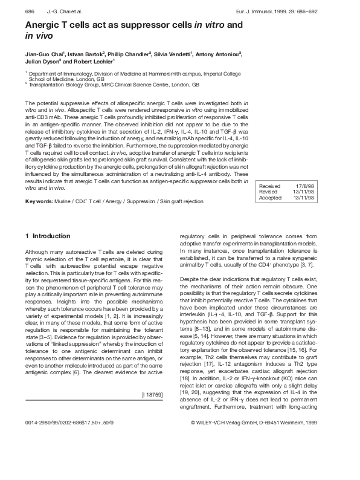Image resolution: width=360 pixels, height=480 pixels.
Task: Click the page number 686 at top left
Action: tap(29, 13)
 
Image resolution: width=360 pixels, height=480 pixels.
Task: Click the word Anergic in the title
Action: tap(44, 25)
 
